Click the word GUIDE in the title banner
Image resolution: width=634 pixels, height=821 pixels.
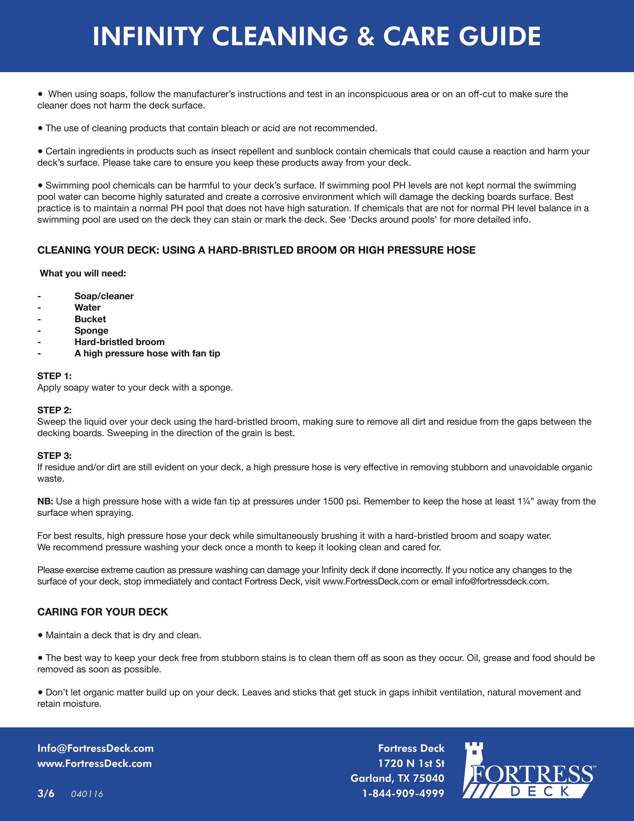(500, 36)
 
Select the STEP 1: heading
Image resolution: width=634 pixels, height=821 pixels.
(54, 376)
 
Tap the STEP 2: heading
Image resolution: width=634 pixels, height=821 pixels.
(54, 410)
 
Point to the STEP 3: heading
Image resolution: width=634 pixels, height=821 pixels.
(54, 456)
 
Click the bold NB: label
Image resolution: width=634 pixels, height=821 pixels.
(45, 502)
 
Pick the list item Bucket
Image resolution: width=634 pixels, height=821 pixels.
(90, 319)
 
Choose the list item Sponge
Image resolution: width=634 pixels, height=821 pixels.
(91, 330)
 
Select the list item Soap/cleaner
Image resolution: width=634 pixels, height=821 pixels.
(104, 296)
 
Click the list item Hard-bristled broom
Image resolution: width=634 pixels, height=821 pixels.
(119, 342)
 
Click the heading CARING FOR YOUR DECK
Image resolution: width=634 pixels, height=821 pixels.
(102, 612)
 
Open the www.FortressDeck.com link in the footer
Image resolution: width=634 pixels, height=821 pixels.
(94, 763)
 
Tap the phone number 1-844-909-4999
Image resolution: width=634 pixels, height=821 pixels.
(403, 793)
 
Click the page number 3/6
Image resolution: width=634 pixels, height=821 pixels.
(46, 793)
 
